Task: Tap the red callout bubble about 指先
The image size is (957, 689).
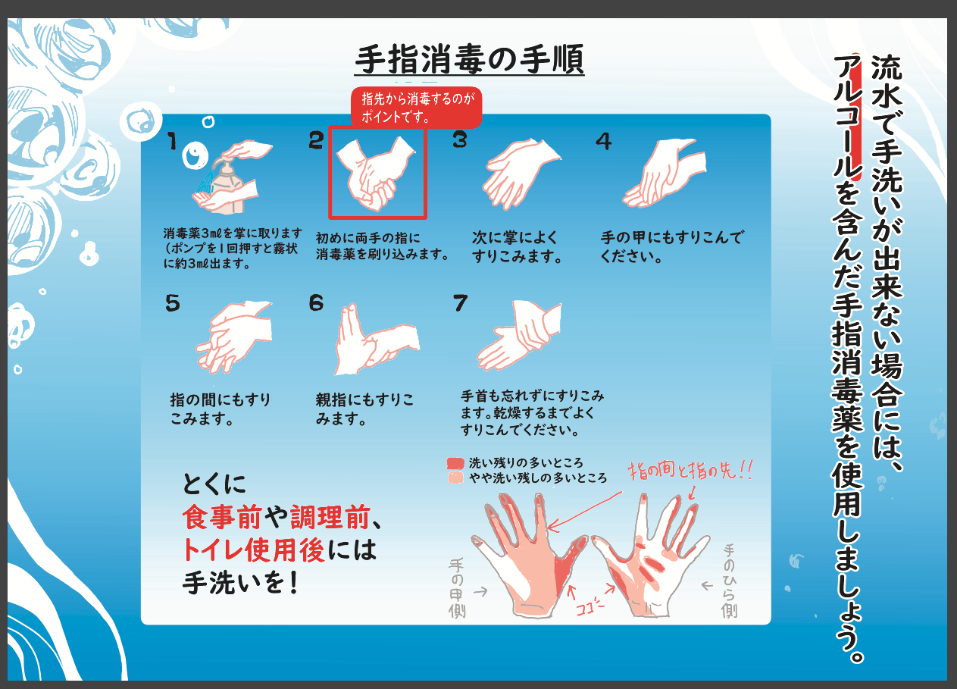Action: pyautogui.click(x=417, y=108)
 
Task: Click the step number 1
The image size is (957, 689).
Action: pyautogui.click(x=172, y=141)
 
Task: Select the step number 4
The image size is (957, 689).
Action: pyautogui.click(x=604, y=141)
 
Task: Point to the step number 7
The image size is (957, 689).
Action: pyautogui.click(x=460, y=302)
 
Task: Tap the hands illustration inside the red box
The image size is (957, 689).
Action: pyautogui.click(x=376, y=174)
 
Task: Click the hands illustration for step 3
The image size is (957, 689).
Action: pyautogui.click(x=521, y=174)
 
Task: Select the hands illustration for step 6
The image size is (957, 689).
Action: pyautogui.click(x=376, y=339)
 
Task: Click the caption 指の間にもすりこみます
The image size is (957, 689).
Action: pyautogui.click(x=220, y=409)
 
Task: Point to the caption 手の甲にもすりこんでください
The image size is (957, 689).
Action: pyautogui.click(x=672, y=246)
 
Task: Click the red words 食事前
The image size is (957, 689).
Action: pyautogui.click(x=221, y=517)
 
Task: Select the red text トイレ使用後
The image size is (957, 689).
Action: pyautogui.click(x=254, y=550)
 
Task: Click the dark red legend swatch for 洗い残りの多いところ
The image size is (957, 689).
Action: pyautogui.click(x=455, y=463)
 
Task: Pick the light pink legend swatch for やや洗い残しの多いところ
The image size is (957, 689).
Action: pyautogui.click(x=455, y=478)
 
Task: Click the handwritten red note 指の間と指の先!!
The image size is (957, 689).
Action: pyautogui.click(x=690, y=471)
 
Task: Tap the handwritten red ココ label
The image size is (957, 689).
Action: pyautogui.click(x=590, y=606)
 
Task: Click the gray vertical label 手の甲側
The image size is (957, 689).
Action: pyautogui.click(x=457, y=589)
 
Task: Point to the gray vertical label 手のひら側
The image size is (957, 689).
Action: pyautogui.click(x=729, y=581)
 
